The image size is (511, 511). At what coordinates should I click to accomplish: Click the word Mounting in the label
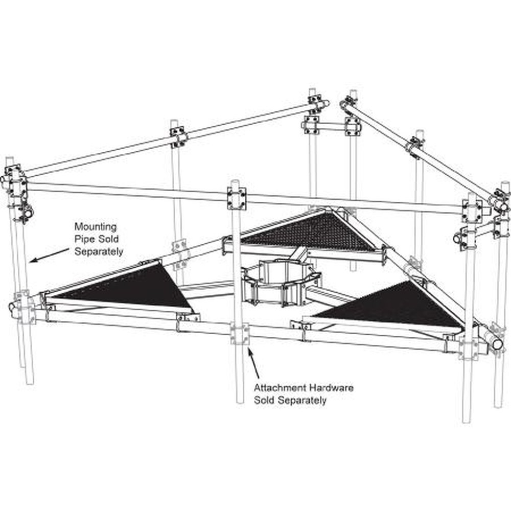(x=96, y=227)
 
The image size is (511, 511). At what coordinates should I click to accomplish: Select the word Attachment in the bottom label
(x=280, y=388)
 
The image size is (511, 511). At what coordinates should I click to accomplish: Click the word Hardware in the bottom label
(x=332, y=388)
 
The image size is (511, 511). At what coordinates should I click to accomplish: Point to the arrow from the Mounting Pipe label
(x=50, y=255)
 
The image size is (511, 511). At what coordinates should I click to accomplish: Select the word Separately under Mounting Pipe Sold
(x=99, y=251)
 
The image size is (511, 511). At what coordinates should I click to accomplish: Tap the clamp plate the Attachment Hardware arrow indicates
(x=240, y=333)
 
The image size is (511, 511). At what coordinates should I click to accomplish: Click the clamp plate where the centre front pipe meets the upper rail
(x=237, y=199)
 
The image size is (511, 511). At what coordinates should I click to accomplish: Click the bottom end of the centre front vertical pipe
(x=240, y=401)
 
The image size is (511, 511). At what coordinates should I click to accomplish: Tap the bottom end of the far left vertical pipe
(x=29, y=381)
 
